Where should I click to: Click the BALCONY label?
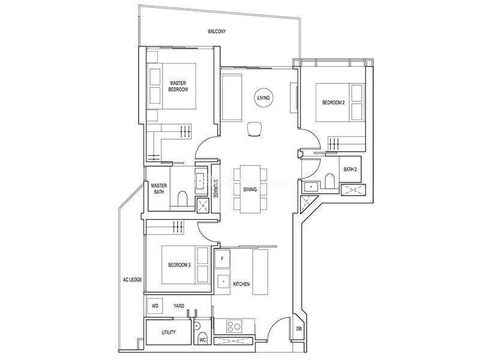tap(217, 31)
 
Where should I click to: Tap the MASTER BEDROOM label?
tap(178, 86)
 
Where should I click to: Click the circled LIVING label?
tap(263, 98)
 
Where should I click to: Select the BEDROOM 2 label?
tap(334, 103)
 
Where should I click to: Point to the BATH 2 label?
tap(350, 169)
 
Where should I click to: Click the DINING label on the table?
tap(250, 190)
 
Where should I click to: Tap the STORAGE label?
tap(215, 188)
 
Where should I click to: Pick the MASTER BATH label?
tap(159, 189)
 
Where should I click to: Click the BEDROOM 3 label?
tap(179, 265)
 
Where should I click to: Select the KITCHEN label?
tap(241, 284)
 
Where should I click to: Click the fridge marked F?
tap(222, 259)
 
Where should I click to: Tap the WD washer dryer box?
tap(155, 306)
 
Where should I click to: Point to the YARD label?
tap(179, 306)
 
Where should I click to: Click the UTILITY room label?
tap(169, 332)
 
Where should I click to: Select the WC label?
tap(202, 340)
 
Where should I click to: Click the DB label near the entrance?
tap(299, 329)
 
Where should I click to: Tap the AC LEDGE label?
tap(132, 280)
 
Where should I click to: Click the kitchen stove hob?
tap(234, 326)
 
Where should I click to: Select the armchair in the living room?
tap(254, 129)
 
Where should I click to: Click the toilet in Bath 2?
tap(329, 181)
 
